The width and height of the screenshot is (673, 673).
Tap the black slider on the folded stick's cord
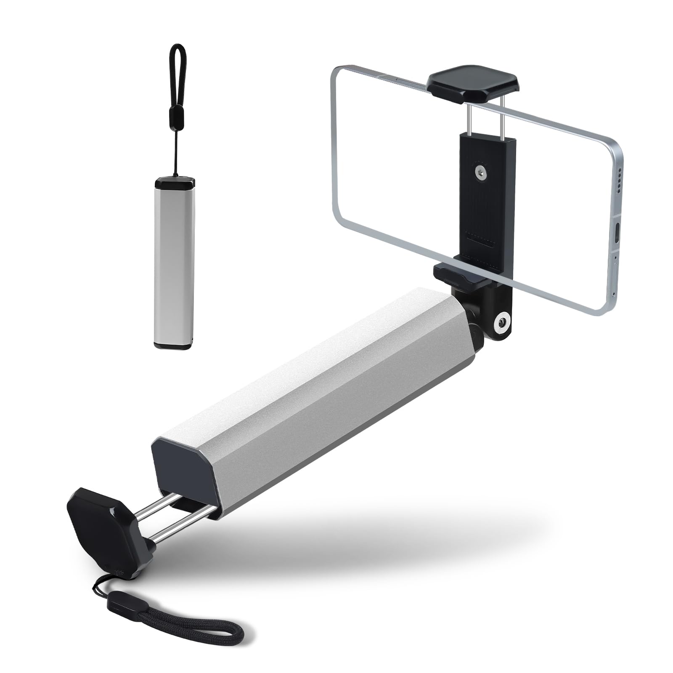173,114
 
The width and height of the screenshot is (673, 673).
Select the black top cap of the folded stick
175,183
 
